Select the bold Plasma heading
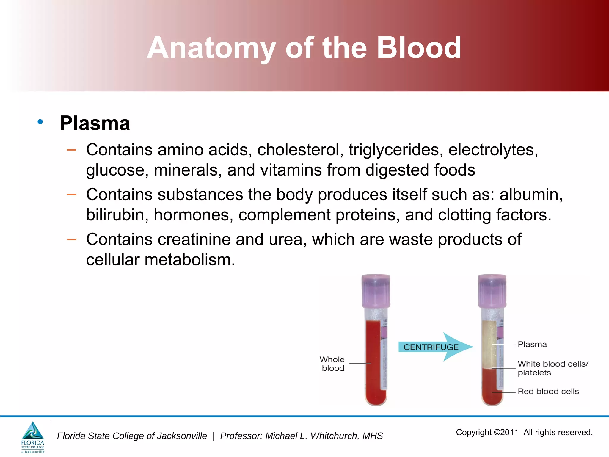95,123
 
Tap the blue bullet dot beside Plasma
40,122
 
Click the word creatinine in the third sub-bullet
194,239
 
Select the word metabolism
190,260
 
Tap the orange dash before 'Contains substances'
71,195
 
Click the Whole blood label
332,364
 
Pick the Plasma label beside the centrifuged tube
532,344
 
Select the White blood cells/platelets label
553,368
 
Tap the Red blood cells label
548,391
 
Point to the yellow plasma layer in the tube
489,344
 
